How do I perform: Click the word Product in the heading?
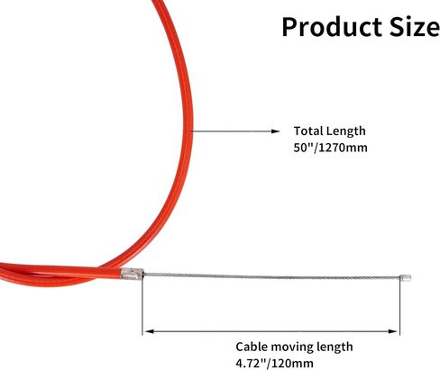point(332,27)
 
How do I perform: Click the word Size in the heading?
point(415,27)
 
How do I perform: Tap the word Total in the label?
point(308,131)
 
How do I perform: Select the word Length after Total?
point(346,131)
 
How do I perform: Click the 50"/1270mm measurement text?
point(330,148)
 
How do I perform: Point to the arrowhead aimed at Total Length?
point(275,131)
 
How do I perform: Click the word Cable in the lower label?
point(252,347)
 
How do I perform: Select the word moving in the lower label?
point(289,347)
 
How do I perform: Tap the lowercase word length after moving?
point(333,347)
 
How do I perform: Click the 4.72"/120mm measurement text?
point(274,364)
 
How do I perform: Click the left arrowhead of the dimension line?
point(150,331)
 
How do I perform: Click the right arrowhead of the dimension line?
point(392,331)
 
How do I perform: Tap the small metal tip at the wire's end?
point(406,277)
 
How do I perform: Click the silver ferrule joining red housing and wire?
point(132,274)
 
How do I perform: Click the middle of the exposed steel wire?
point(272,276)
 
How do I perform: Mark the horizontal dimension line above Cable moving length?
point(271,331)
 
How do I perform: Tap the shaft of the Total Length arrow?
point(232,131)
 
